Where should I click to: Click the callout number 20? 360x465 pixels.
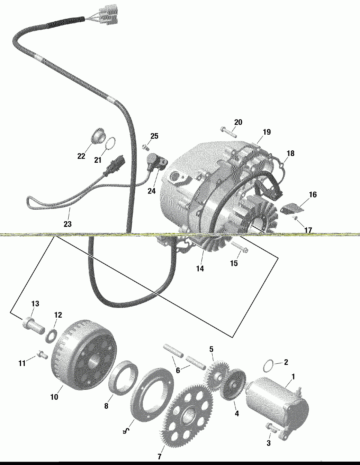[x=238, y=122]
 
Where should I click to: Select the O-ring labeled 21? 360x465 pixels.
[x=109, y=144]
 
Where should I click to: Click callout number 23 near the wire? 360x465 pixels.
[x=67, y=224]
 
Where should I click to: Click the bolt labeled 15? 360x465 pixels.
[x=238, y=248]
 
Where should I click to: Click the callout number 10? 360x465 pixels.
[x=54, y=397]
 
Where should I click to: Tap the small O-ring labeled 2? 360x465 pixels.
[x=269, y=364]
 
